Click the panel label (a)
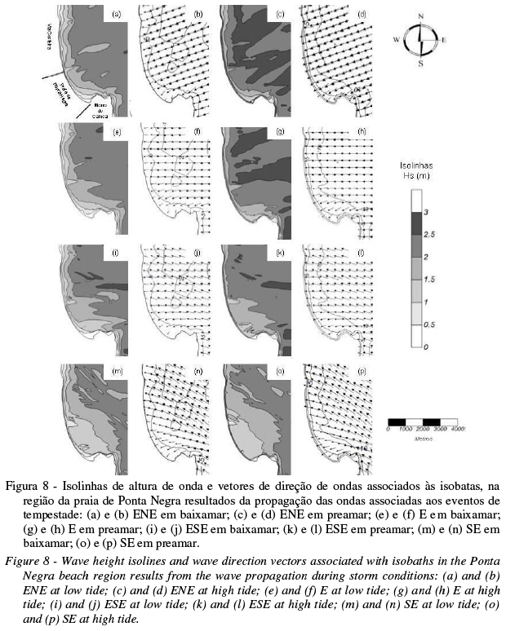pos(116,15)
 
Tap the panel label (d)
pos(362,15)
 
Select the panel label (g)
pos(280,132)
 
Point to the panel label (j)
pos(198,254)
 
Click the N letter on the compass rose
pos(421,15)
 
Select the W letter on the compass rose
pos(397,39)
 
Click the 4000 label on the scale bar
pos(456,428)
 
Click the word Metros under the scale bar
pos(422,438)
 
